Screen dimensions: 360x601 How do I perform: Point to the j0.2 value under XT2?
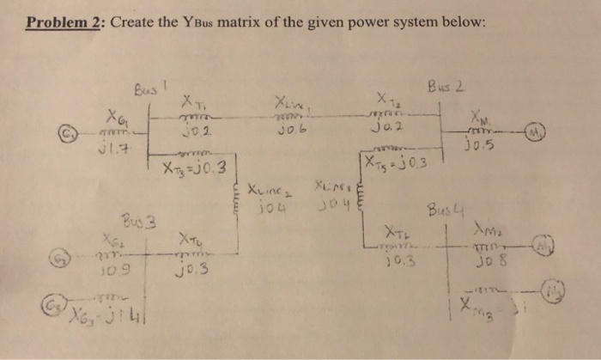(x=385, y=129)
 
